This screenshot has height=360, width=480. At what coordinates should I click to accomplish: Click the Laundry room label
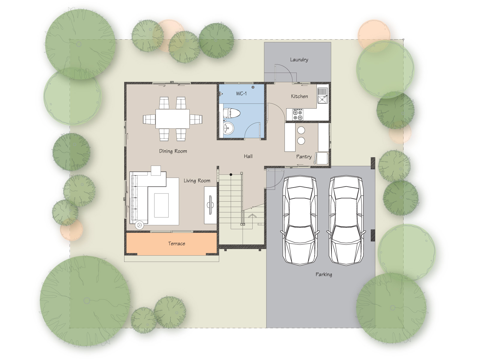pyautogui.click(x=299, y=60)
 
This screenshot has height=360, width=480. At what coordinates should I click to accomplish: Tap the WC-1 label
pyautogui.click(x=241, y=94)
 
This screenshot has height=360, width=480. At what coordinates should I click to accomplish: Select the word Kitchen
pyautogui.click(x=299, y=96)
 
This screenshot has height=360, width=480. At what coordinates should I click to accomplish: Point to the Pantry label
pyautogui.click(x=304, y=157)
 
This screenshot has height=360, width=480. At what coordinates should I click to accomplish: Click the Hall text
pyautogui.click(x=248, y=156)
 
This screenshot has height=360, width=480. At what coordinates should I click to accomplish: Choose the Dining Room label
pyautogui.click(x=173, y=151)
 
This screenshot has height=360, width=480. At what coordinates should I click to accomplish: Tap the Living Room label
pyautogui.click(x=197, y=181)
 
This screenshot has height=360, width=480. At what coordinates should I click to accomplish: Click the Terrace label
pyautogui.click(x=177, y=244)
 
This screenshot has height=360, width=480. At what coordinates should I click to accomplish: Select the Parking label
pyautogui.click(x=324, y=274)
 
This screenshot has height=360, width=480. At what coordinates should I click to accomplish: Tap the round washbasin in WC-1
pyautogui.click(x=229, y=128)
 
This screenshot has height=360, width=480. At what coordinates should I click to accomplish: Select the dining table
pyautogui.click(x=172, y=119)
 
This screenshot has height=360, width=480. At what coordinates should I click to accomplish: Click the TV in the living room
pyautogui.click(x=211, y=205)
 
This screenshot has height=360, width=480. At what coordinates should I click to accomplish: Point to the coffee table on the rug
pyautogui.click(x=161, y=205)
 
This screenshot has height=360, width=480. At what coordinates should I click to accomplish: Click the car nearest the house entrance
pyautogui.click(x=300, y=221)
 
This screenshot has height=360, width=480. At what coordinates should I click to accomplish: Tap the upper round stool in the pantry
pyautogui.click(x=301, y=130)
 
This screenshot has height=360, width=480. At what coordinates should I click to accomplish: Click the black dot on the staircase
pyautogui.click(x=231, y=175)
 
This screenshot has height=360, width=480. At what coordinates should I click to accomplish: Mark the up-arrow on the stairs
pyautogui.click(x=253, y=220)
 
